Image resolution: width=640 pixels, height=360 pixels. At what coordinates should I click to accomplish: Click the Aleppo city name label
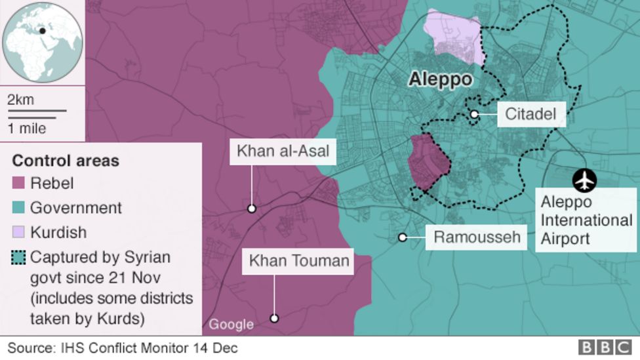tap(440, 80)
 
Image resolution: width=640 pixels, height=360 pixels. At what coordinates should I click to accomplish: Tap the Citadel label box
tap(530, 115)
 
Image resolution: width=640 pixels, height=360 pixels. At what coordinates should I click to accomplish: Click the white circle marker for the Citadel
tap(474, 115)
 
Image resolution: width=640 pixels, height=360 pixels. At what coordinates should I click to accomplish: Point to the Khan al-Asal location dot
tap(251, 209)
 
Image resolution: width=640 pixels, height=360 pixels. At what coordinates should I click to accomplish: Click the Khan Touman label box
tap(298, 261)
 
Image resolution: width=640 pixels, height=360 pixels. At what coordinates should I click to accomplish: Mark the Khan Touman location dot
tap(274, 318)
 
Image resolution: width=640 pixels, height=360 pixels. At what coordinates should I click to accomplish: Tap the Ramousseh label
tap(477, 237)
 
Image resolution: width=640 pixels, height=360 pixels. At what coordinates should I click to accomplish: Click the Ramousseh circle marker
tap(403, 237)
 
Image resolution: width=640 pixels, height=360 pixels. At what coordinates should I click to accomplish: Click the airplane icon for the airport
tap(584, 179)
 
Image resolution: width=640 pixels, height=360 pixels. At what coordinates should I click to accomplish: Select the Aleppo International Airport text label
tap(586, 220)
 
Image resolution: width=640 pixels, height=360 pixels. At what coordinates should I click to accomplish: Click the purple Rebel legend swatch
tap(18, 184)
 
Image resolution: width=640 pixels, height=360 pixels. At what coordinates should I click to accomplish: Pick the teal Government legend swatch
tap(18, 208)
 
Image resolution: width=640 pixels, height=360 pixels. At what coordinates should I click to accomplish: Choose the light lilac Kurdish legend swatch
tap(18, 232)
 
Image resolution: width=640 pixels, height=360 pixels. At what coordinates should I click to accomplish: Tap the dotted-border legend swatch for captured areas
tap(18, 257)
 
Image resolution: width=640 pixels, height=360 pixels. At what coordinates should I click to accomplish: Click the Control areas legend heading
tap(66, 161)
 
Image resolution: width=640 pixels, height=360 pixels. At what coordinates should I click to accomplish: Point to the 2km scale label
tap(20, 100)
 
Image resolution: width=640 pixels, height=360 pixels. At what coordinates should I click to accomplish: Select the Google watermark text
tap(231, 324)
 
